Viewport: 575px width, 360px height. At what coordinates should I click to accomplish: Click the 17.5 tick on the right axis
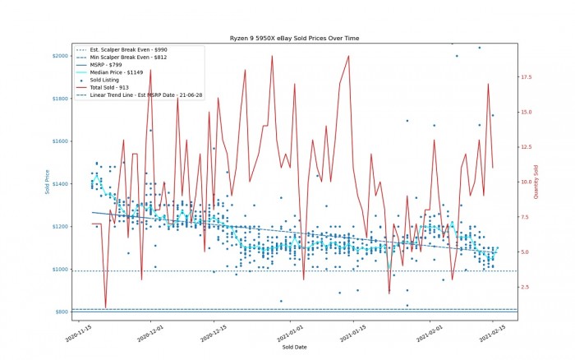tap(526, 77)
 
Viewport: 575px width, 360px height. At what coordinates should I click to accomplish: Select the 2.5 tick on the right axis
tap(524, 287)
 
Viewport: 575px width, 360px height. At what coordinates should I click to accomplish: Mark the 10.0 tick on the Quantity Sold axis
tap(526, 182)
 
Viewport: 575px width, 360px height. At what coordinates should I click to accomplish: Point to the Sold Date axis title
tap(293, 348)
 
